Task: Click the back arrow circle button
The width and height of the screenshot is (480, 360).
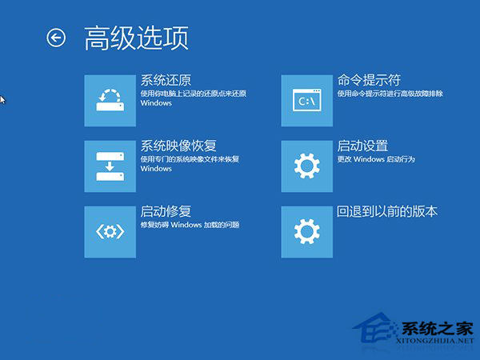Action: click(x=56, y=38)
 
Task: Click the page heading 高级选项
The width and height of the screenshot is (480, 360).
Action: click(x=136, y=38)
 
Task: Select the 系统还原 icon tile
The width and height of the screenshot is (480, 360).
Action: click(x=110, y=100)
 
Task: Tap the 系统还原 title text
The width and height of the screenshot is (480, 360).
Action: click(x=166, y=80)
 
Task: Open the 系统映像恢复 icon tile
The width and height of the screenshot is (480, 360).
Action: click(x=110, y=166)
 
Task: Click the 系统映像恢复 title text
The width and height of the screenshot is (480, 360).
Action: click(x=178, y=146)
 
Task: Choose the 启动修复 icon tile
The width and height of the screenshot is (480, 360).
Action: click(x=110, y=231)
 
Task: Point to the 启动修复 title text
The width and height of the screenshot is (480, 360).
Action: click(x=166, y=211)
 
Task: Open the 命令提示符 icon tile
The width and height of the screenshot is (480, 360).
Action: click(x=307, y=100)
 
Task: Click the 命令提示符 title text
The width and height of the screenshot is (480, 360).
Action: click(x=369, y=80)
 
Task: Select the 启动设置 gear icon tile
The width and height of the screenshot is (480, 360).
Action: click(x=307, y=166)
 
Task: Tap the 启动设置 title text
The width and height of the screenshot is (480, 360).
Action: click(x=362, y=146)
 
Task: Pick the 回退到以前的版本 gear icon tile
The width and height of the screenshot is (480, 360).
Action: click(x=307, y=231)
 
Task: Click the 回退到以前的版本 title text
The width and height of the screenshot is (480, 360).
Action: click(x=387, y=211)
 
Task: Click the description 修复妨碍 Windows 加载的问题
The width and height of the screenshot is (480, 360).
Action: click(x=190, y=225)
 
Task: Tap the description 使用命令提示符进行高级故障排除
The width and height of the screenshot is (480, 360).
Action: click(x=390, y=94)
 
